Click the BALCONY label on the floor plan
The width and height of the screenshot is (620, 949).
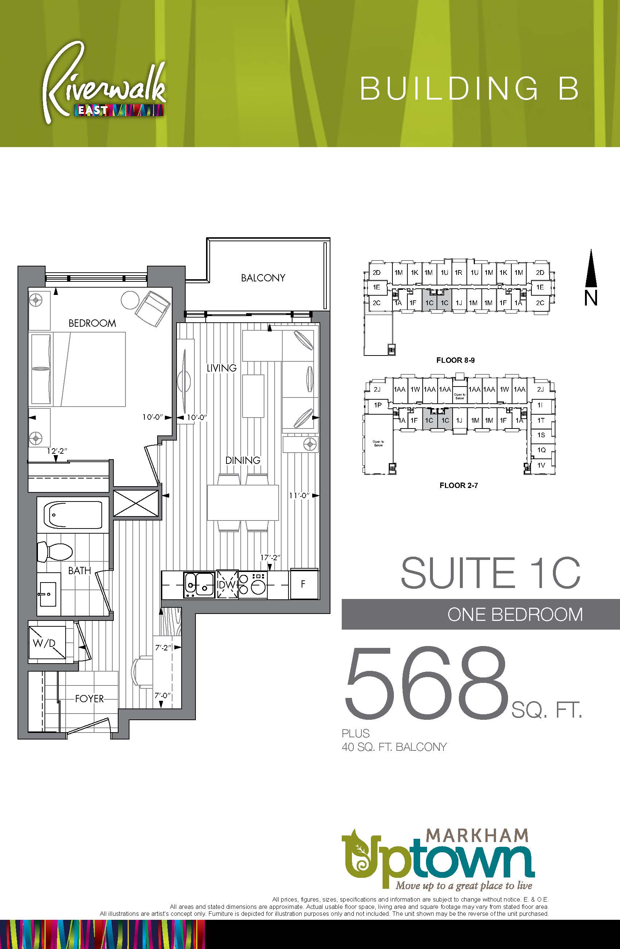[x=263, y=277]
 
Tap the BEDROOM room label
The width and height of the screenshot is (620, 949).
[x=92, y=323]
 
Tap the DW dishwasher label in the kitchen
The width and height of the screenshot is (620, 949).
[x=227, y=585]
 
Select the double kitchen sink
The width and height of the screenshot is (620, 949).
[x=199, y=585]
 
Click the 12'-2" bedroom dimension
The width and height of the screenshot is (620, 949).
[x=57, y=451]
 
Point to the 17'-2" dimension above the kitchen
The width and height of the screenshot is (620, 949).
[x=271, y=557]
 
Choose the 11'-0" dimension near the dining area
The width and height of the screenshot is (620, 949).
[x=299, y=495]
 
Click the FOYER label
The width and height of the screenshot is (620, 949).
[x=90, y=699]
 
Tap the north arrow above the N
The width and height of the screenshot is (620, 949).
[x=591, y=268]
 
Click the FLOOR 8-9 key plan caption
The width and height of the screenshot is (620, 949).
[x=456, y=360]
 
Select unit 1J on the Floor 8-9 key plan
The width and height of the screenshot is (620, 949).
[x=459, y=303]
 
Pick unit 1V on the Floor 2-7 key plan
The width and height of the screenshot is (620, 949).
[x=541, y=465]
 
